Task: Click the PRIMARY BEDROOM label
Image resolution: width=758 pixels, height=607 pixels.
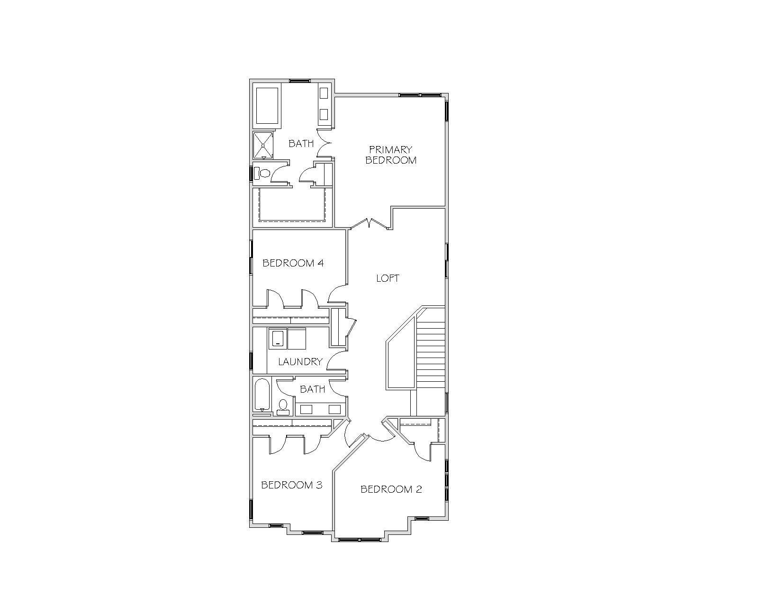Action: coord(391,155)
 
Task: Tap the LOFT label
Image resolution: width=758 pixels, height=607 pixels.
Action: coord(388,278)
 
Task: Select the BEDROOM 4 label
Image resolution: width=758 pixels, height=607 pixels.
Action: coord(293,263)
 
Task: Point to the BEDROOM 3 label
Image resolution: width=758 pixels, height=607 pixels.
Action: coord(292,485)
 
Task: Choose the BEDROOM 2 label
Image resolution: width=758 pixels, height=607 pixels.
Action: coord(391,489)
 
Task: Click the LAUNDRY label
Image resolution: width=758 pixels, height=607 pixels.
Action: coord(300,361)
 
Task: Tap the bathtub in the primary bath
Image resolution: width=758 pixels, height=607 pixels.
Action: coord(267,105)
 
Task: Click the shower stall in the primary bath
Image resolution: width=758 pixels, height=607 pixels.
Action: coord(263,145)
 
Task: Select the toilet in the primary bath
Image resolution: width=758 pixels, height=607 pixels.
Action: coord(262,173)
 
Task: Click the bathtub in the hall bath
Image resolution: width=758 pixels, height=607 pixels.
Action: coord(262,395)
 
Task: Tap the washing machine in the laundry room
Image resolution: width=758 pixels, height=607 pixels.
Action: coord(278,339)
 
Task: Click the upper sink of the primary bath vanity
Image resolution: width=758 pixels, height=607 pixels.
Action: coord(324,93)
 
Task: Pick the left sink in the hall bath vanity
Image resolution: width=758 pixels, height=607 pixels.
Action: coord(306,409)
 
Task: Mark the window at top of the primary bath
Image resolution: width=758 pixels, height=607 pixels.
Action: coord(300,81)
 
